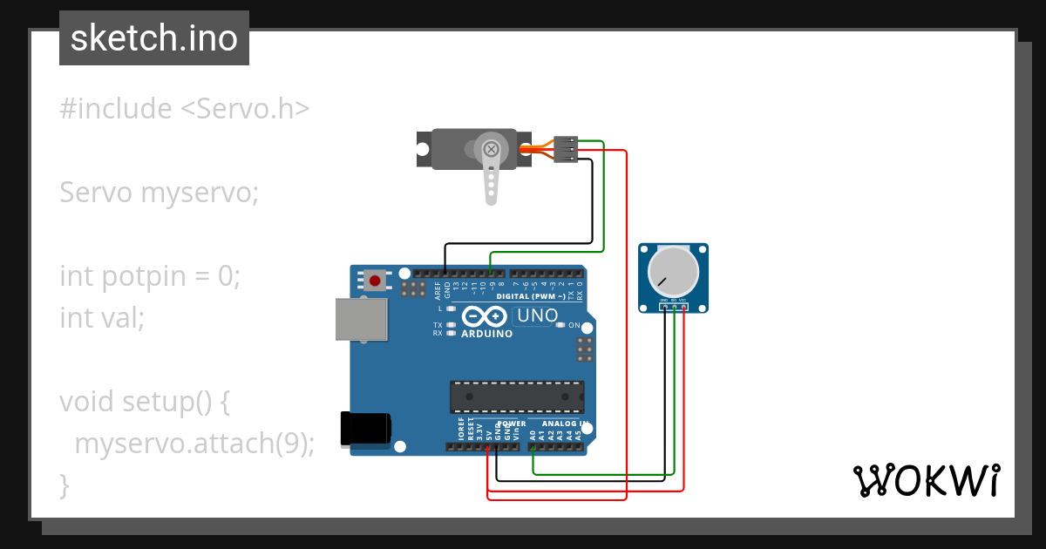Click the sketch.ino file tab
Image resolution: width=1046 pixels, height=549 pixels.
tap(154, 38)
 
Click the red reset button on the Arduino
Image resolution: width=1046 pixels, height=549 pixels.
tap(376, 281)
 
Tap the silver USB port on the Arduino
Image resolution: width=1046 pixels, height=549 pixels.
tap(359, 320)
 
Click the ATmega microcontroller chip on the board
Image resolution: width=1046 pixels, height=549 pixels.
tap(517, 396)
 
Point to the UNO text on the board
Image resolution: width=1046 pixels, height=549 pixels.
tap(538, 315)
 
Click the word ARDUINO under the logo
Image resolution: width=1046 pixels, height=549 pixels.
tap(486, 334)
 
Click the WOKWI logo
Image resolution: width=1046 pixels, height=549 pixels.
tap(926, 481)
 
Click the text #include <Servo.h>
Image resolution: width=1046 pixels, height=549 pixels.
tap(185, 109)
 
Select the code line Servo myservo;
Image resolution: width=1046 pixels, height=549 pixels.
tap(160, 193)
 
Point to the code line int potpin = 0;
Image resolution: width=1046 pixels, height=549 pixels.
tap(150, 276)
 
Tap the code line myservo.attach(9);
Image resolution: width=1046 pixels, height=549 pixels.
tap(194, 444)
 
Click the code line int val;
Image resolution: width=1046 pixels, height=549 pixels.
tap(102, 318)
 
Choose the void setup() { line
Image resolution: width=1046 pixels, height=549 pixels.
tap(145, 402)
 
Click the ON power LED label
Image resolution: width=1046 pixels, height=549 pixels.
tap(574, 326)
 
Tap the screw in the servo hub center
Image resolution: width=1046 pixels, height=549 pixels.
tap(492, 149)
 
